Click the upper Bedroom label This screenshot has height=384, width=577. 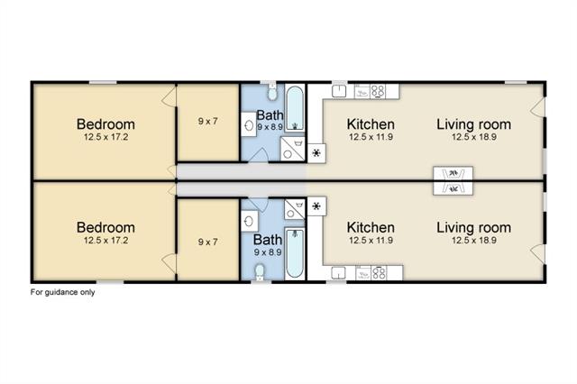click(x=105, y=124)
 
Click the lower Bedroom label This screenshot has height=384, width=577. click(x=105, y=227)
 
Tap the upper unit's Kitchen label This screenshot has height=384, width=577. click(x=371, y=124)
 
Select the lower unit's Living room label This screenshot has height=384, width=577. click(x=474, y=228)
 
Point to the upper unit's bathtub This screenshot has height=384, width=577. click(x=295, y=108)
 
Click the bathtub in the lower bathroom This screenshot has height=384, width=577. click(x=295, y=252)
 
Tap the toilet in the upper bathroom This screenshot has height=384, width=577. click(x=272, y=92)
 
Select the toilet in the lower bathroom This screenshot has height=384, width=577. click(x=260, y=272)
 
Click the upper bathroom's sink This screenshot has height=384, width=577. click(x=249, y=124)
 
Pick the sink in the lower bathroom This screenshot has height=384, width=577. click(x=249, y=221)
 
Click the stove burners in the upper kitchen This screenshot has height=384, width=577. click(x=378, y=91)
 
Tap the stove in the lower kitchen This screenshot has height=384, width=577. click(x=379, y=273)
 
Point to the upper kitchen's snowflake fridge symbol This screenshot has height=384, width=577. click(x=316, y=152)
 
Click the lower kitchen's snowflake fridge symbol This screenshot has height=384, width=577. click(x=316, y=206)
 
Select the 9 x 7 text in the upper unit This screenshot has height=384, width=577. click(x=208, y=121)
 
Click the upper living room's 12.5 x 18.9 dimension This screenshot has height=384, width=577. click(x=474, y=137)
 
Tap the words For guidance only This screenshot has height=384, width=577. click(x=62, y=292)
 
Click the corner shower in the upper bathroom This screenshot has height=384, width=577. click(x=292, y=148)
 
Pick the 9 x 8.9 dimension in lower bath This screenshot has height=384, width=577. click(x=268, y=252)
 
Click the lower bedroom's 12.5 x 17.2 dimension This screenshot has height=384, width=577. click(x=106, y=241)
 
